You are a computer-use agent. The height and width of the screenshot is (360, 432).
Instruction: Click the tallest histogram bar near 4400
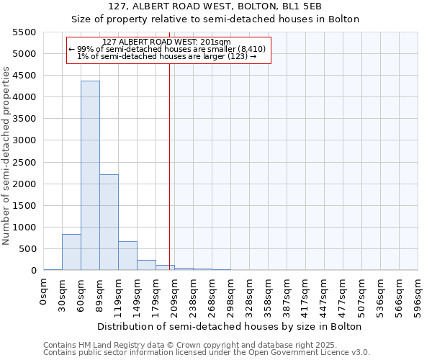(90, 176)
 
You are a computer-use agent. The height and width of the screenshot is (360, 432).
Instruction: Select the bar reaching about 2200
(109, 222)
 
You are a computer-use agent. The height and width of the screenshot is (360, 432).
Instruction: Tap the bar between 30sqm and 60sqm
(71, 252)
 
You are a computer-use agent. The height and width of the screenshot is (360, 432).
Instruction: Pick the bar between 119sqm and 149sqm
(127, 256)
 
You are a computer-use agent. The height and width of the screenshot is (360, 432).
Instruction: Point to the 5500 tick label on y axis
(24, 32)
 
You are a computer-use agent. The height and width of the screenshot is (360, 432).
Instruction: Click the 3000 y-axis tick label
(24, 140)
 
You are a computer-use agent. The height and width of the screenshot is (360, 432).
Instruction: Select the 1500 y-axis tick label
(24, 206)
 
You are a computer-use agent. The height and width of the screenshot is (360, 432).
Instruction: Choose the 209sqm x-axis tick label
(175, 296)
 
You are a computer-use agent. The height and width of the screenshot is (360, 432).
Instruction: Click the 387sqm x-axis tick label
(287, 296)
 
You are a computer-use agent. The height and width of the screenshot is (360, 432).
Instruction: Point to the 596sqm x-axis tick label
(418, 296)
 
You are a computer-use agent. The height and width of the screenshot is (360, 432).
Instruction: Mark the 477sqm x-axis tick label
(343, 296)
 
